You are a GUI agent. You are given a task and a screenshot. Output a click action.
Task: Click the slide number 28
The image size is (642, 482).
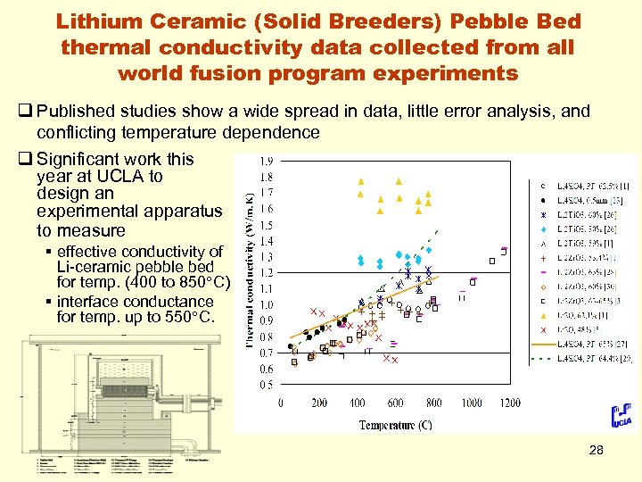[x=596, y=451]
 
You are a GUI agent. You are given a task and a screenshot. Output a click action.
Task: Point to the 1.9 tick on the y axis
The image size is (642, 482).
[x=266, y=162]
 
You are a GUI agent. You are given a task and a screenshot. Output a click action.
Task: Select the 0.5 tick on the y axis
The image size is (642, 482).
[x=266, y=385]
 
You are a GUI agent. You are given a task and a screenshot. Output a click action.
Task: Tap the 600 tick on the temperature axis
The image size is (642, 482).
[x=395, y=403]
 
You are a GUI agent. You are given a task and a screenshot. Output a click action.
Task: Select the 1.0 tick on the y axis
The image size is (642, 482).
[x=266, y=305]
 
